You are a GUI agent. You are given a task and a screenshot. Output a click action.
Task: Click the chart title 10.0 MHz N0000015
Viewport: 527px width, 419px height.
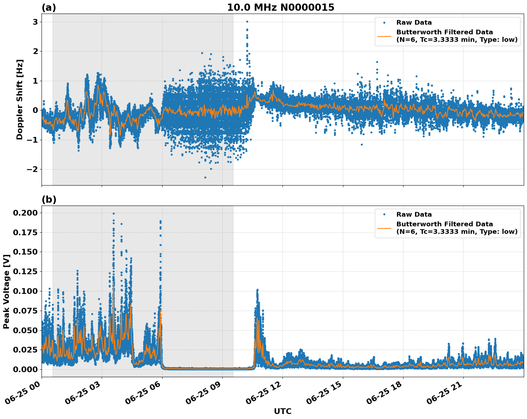coord(280,8)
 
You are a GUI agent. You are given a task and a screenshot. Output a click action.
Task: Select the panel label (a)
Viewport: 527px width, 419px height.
coord(49,8)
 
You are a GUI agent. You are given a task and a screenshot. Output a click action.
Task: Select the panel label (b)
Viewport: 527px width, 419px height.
coord(49,199)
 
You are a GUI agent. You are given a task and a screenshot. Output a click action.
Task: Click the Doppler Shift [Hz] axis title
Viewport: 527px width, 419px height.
coord(20,99)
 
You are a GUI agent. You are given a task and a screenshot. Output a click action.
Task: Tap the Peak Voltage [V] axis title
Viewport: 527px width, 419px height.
coord(6,291)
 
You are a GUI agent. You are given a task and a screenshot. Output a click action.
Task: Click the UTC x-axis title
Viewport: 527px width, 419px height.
coord(282,411)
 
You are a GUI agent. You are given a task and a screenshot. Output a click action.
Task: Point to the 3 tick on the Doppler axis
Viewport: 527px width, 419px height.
coord(35,22)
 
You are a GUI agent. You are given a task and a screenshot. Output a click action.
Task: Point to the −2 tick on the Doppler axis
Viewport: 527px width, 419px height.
coord(33,169)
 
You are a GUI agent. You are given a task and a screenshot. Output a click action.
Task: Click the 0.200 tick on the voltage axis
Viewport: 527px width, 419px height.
coord(25,213)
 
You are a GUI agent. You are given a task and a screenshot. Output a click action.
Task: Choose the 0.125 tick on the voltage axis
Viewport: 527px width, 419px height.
coord(25,272)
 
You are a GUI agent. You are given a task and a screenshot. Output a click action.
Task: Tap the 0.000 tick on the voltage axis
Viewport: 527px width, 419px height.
coord(25,369)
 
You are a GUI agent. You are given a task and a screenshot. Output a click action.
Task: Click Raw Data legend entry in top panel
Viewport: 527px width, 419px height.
coord(414,23)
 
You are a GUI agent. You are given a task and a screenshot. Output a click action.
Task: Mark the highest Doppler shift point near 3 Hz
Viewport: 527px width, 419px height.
coord(247,21)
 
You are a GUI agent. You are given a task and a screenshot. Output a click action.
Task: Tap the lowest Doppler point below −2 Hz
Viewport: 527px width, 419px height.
coord(205,177)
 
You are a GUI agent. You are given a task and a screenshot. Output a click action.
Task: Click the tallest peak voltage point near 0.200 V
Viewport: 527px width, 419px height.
coord(113,213)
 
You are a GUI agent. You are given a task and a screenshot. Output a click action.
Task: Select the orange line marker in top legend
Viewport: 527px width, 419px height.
coord(384,36)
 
